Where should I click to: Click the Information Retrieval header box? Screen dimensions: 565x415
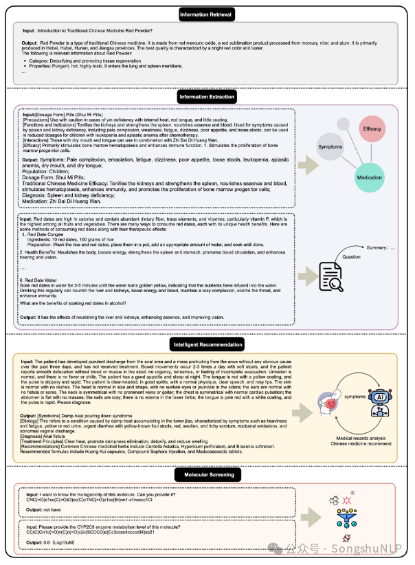(x=207, y=13)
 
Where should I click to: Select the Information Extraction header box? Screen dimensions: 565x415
(x=207, y=98)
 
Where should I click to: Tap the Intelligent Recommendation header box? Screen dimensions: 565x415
(x=207, y=344)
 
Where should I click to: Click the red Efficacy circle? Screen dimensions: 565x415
(x=372, y=129)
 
